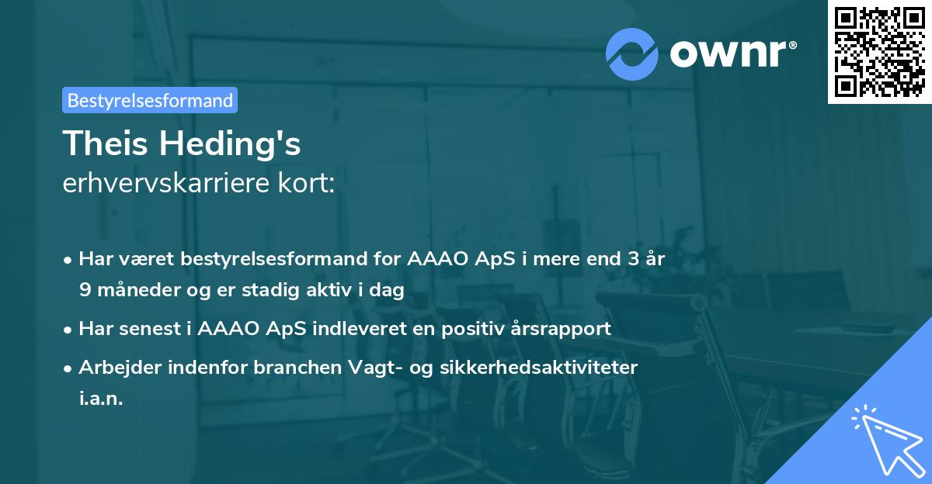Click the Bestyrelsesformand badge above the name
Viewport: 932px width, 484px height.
tap(150, 100)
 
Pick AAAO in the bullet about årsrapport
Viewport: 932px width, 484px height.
tap(224, 329)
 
